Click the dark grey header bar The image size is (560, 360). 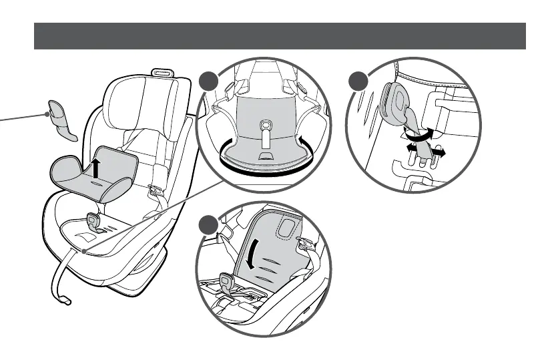(x=280, y=36)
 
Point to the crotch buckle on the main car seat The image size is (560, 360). (x=93, y=221)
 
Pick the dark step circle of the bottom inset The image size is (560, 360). (x=210, y=226)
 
